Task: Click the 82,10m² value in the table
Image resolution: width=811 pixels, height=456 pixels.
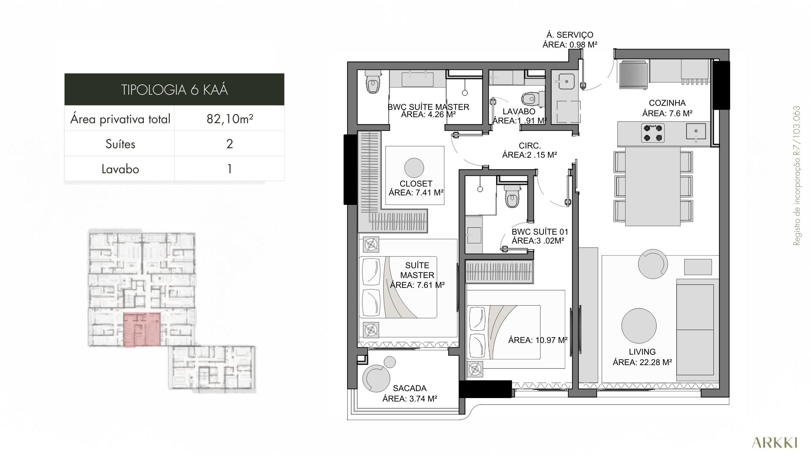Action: pos(230,119)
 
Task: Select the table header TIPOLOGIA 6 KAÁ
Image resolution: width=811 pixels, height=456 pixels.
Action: pos(174,90)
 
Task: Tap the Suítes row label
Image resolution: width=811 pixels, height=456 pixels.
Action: pos(120,144)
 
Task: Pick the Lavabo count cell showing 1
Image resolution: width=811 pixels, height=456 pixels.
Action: pos(230,169)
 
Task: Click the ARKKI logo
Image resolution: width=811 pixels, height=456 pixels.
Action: pos(775,443)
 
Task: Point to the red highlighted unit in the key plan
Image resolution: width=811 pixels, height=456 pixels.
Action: pos(141,330)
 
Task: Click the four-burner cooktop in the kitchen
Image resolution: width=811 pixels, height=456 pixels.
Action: pos(653,133)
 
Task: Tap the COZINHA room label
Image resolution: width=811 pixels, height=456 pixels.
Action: pos(667,103)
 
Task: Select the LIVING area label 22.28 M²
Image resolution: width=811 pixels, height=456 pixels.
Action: pos(642,362)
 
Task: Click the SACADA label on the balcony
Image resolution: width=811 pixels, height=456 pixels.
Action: pos(410,388)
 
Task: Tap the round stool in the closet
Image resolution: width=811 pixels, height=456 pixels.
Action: pos(414,168)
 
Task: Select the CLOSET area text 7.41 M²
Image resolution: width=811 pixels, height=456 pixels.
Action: pos(416,193)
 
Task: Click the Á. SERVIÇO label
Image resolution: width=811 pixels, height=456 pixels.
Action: pos(570,35)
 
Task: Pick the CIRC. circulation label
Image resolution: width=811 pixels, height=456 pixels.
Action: pos(530,146)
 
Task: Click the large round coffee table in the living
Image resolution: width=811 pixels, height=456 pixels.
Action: pos(639,326)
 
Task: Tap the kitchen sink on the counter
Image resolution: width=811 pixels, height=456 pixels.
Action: pos(696,131)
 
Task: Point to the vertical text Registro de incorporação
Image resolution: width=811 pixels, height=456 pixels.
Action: pos(797,176)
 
